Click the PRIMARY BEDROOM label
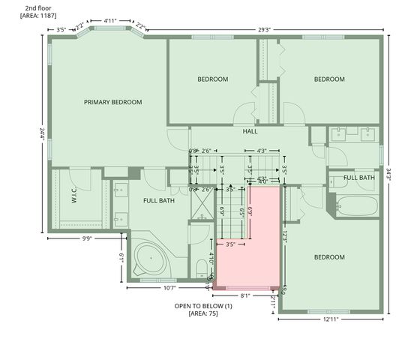(112, 102)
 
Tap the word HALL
(250, 131)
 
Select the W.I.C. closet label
(75, 196)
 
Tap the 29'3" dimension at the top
(264, 30)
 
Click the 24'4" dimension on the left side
(42, 133)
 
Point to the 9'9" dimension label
(86, 239)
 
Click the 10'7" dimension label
(169, 287)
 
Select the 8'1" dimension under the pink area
(245, 295)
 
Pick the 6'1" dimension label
(121, 257)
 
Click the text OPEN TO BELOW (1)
(203, 306)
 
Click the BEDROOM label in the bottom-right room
(329, 257)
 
